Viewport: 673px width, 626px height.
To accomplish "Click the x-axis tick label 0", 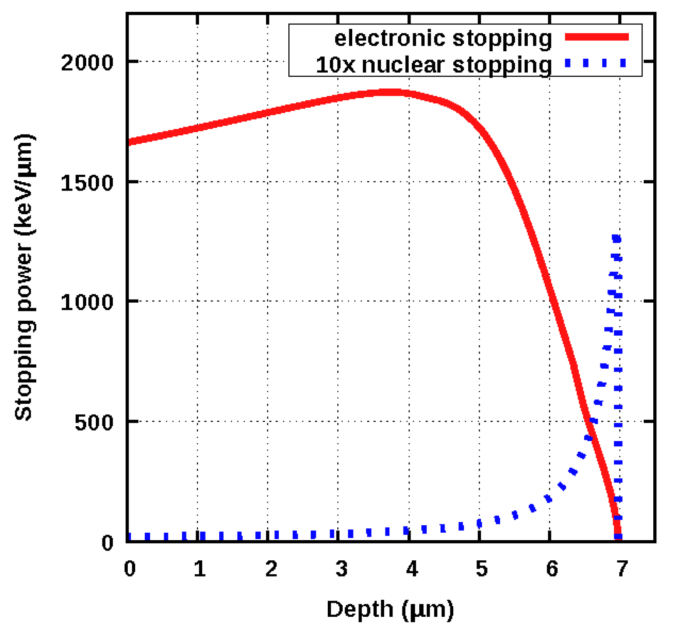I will pos(130,569).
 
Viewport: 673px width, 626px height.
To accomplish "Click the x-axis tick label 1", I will pos(200,569).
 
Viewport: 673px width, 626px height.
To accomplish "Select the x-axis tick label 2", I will pos(271,569).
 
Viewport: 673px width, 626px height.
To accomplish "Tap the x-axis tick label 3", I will pos(341,569).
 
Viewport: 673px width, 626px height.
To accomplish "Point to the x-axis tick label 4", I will pos(412,569).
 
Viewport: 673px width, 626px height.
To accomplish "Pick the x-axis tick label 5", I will pos(482,569).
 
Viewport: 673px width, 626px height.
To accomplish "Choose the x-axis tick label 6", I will pos(552,569).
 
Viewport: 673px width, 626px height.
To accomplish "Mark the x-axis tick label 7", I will pos(622,569).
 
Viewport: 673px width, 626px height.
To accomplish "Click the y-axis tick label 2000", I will pos(87,63).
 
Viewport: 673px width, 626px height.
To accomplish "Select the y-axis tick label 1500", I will pos(87,183).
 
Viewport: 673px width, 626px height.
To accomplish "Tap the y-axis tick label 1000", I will pos(87,302).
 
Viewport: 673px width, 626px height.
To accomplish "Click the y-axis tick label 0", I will pos(108,543).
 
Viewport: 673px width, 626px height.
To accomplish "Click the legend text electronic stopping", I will pos(443,38).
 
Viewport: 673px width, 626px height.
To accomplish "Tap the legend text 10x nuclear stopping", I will pos(434,65).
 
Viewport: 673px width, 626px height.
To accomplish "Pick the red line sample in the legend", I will pos(596,37).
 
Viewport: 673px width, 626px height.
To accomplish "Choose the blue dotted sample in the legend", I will pos(596,63).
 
